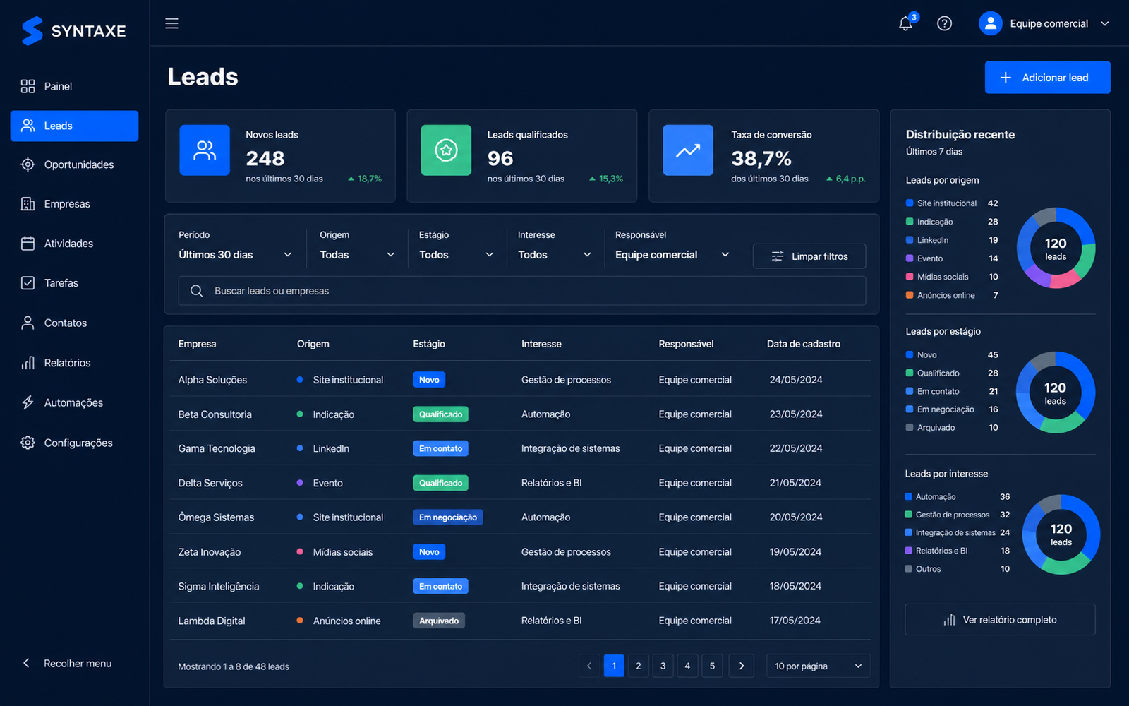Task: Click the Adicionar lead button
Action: [x=1047, y=77]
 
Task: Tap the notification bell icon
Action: [x=906, y=23]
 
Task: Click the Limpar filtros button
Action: [x=809, y=256]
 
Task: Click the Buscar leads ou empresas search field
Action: [x=522, y=290]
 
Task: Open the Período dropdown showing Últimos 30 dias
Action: [x=235, y=255]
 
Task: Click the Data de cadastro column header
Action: [x=804, y=344]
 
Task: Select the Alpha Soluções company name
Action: [x=212, y=380]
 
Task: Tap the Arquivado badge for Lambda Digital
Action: [x=439, y=621]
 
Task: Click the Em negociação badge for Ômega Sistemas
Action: [x=447, y=517]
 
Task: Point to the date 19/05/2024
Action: [x=795, y=551]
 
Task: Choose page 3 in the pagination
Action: [x=663, y=666]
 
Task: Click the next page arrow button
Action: [x=742, y=666]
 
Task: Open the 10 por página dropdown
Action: [x=818, y=666]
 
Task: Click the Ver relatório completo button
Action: [x=1000, y=619]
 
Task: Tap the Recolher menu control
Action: [x=67, y=663]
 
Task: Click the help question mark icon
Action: [x=944, y=23]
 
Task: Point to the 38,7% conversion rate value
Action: [x=761, y=159]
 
